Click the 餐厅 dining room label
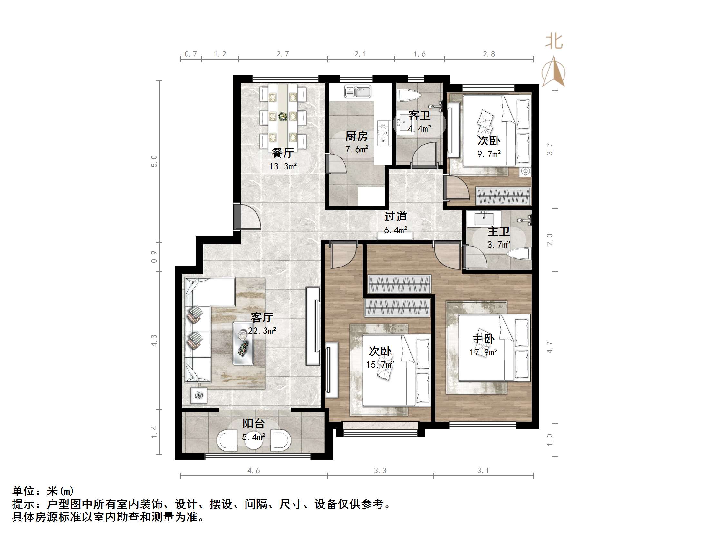point(283,153)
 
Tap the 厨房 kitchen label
point(357,136)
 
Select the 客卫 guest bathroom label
point(419,116)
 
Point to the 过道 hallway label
point(395,217)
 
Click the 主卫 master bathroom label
point(499,231)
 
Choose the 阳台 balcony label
point(254,423)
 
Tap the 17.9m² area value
point(483,352)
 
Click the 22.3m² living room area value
point(262,331)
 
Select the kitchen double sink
point(358,91)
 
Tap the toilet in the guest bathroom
point(410,96)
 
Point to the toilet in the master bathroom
point(519,253)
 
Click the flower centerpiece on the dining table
point(283,116)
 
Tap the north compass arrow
point(554,71)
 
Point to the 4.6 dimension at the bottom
point(254,471)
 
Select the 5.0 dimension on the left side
point(154,161)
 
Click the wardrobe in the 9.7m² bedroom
point(503,196)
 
